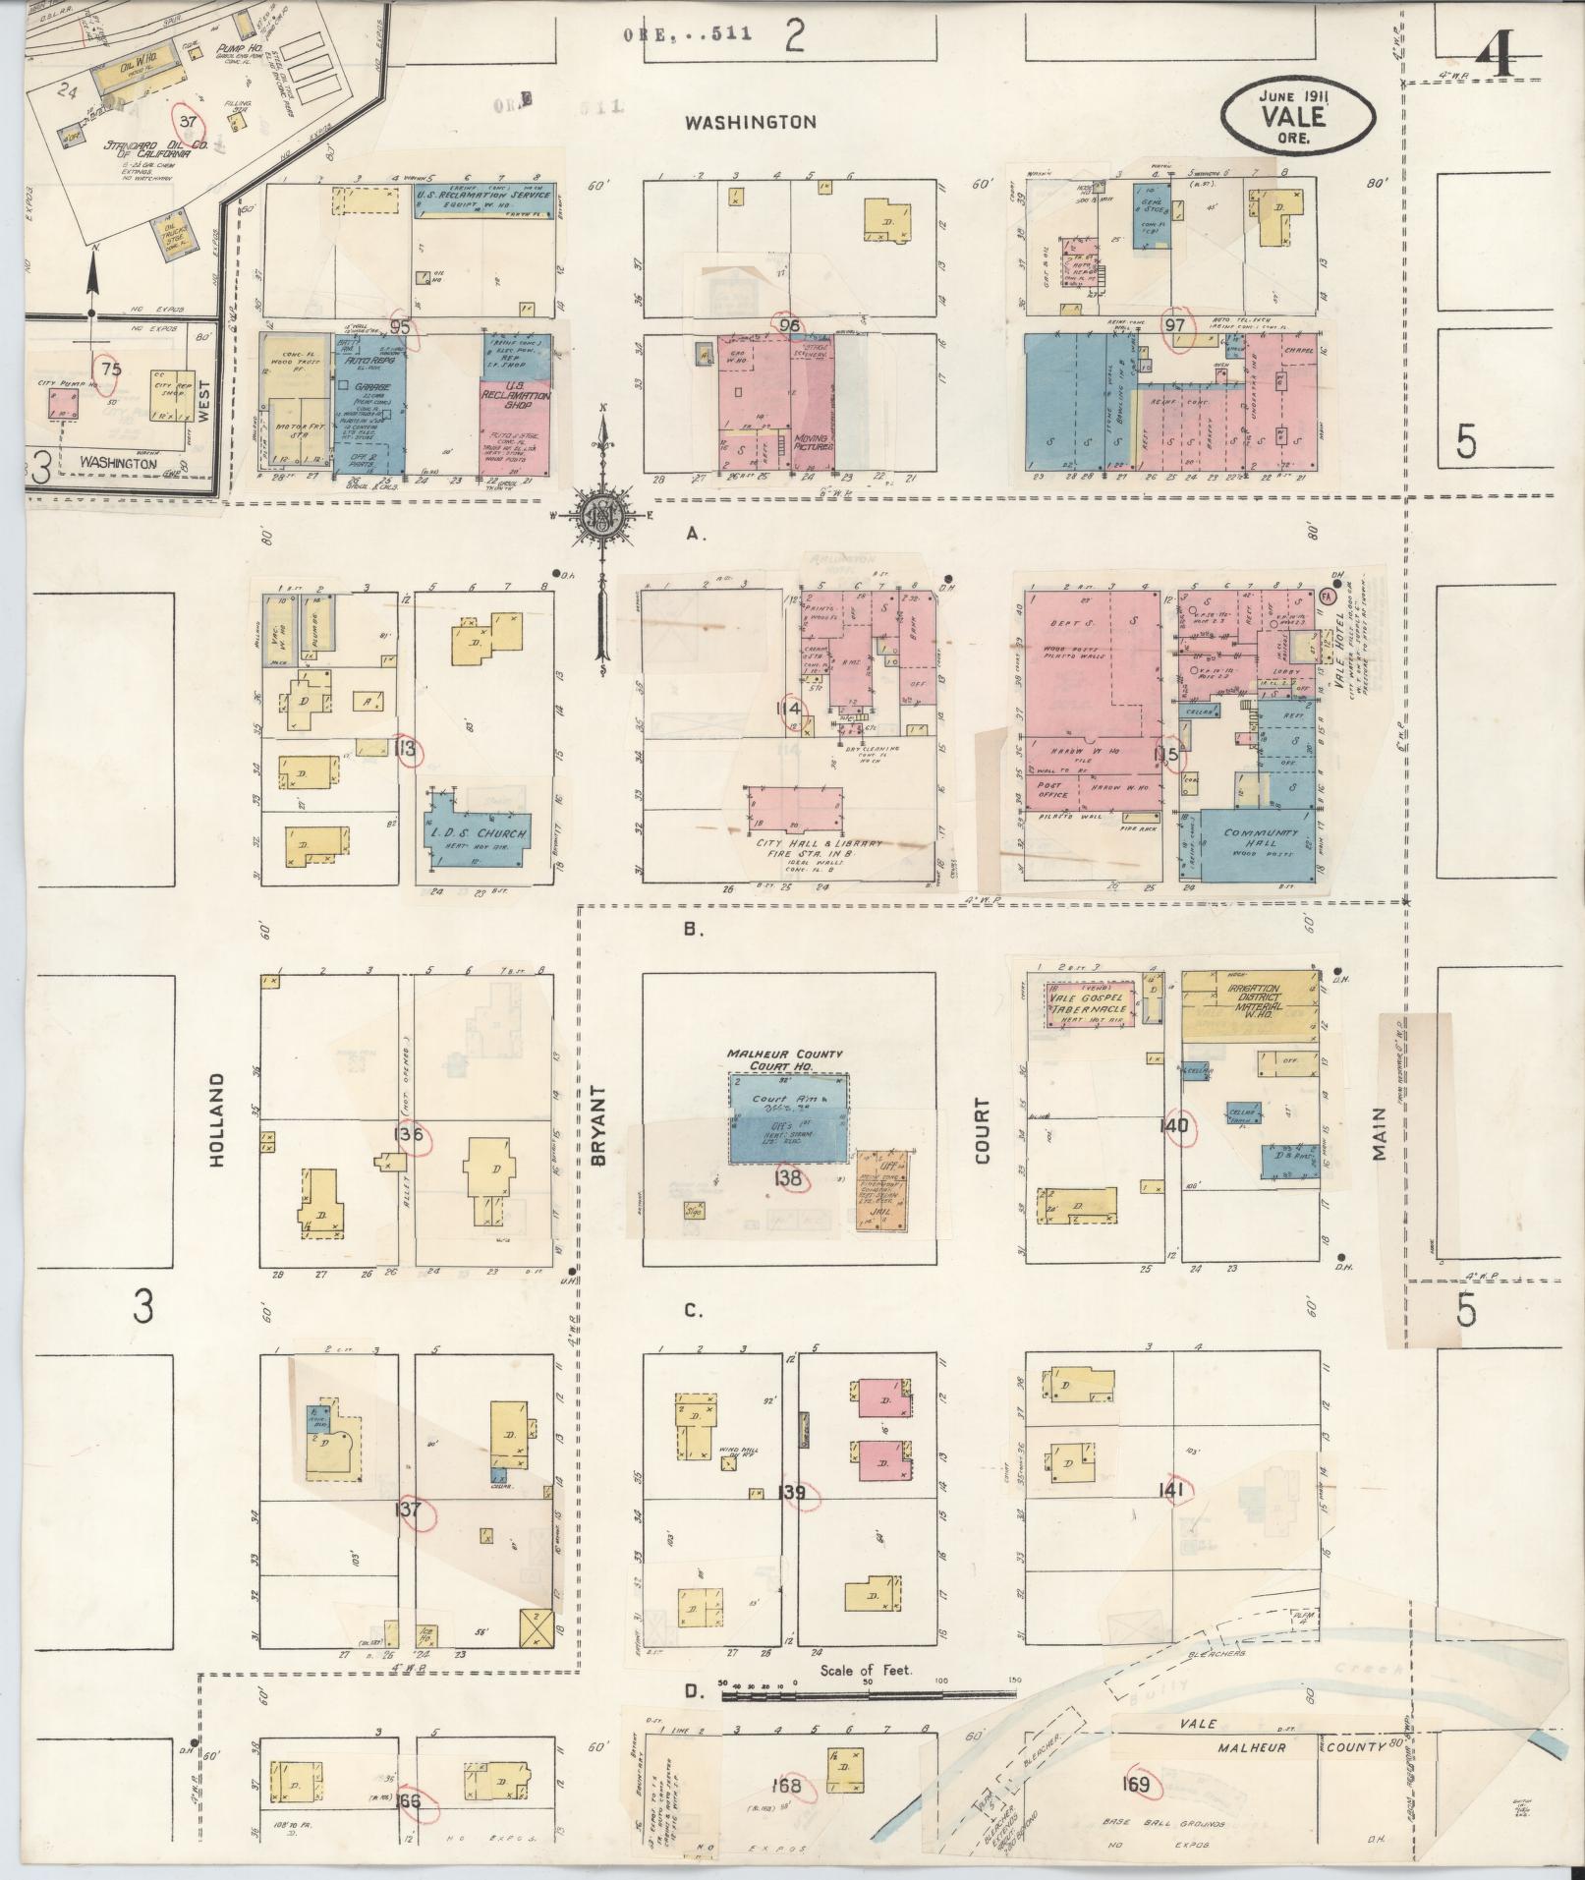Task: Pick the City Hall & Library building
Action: (794, 814)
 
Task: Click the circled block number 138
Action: (789, 1177)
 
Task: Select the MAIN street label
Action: (1380, 1132)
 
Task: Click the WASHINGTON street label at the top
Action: (751, 123)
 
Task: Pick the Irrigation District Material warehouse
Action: (1249, 1002)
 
